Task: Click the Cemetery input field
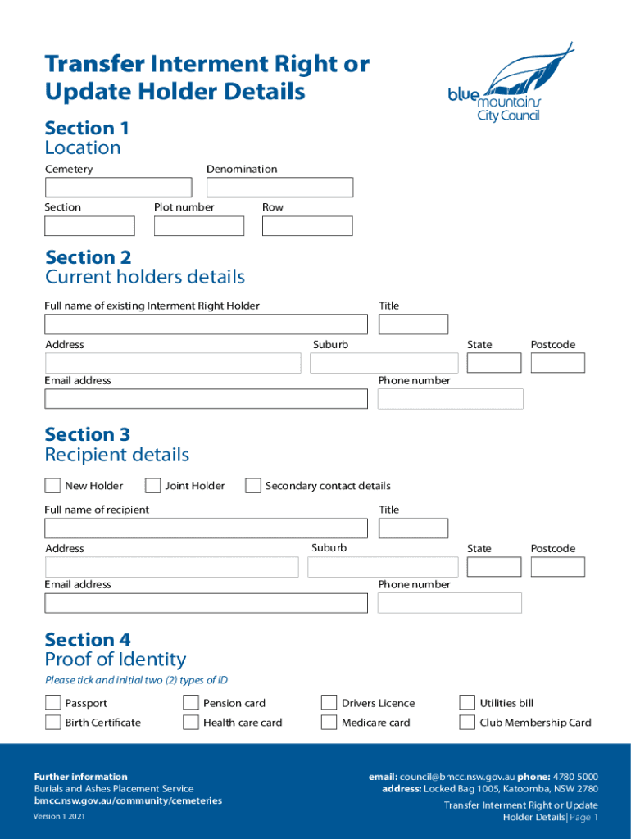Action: pyautogui.click(x=118, y=188)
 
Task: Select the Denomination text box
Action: pyautogui.click(x=279, y=188)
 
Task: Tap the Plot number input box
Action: pyautogui.click(x=199, y=226)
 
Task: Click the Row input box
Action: pyautogui.click(x=306, y=226)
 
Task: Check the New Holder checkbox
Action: pyautogui.click(x=52, y=486)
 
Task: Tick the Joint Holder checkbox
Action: pyautogui.click(x=152, y=486)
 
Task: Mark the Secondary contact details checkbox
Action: pyautogui.click(x=253, y=486)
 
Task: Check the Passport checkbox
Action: pyautogui.click(x=52, y=703)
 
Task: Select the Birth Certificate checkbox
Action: pyautogui.click(x=52, y=723)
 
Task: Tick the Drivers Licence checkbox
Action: pyautogui.click(x=329, y=703)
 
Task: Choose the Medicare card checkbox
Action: pyautogui.click(x=329, y=723)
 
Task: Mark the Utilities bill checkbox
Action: pyautogui.click(x=467, y=703)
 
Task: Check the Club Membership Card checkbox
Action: pyautogui.click(x=467, y=723)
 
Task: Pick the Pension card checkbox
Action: pyautogui.click(x=191, y=703)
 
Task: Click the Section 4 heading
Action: pyautogui.click(x=88, y=640)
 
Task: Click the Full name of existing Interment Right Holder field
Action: pyautogui.click(x=206, y=324)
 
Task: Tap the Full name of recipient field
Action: pyautogui.click(x=206, y=528)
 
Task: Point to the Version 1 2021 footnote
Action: pyautogui.click(x=59, y=817)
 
